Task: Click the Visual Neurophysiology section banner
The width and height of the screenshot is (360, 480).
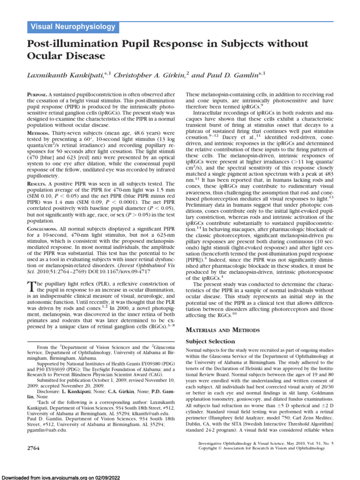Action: pyautogui.click(x=73, y=27)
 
